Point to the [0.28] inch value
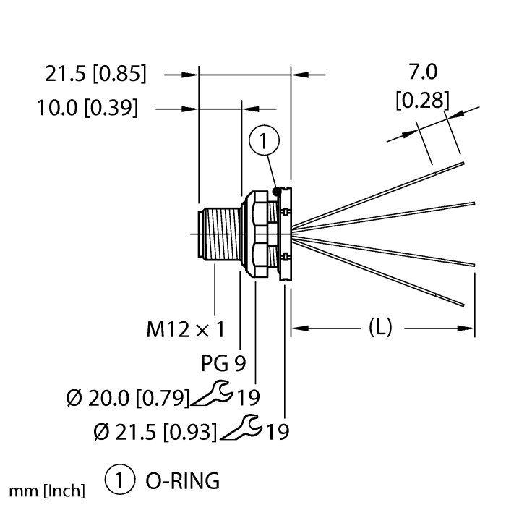(x=423, y=99)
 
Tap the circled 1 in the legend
(x=118, y=480)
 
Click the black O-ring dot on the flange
(x=276, y=191)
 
